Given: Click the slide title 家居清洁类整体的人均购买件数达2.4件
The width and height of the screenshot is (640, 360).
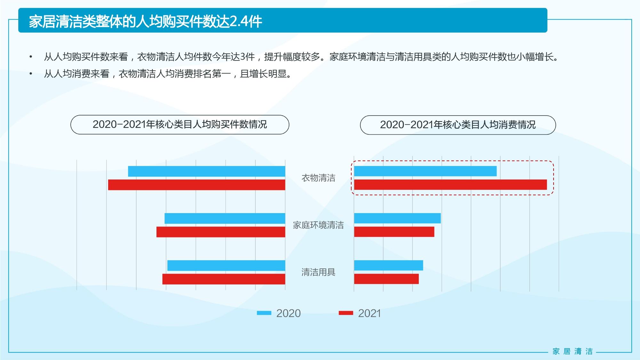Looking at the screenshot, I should click(x=146, y=21).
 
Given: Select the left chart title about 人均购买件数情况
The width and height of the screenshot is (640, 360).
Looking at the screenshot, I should click(x=180, y=124).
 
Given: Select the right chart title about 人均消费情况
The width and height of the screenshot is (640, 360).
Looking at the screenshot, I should click(x=458, y=125).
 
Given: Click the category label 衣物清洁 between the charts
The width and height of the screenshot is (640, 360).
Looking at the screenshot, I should click(x=318, y=178).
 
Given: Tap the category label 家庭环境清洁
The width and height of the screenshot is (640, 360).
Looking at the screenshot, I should click(x=318, y=225).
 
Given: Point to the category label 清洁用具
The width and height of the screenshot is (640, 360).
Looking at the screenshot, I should click(x=318, y=272).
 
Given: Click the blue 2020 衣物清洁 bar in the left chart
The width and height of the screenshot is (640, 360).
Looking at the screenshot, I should click(x=206, y=171).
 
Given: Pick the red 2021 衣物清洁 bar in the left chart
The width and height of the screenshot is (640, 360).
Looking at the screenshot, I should click(x=196, y=185).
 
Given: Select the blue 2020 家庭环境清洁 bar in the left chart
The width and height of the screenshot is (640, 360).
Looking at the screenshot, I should click(x=225, y=218).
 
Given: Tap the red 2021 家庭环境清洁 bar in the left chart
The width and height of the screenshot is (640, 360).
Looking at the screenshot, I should click(x=221, y=232).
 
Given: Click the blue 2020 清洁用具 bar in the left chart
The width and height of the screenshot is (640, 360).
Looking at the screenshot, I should click(x=226, y=266).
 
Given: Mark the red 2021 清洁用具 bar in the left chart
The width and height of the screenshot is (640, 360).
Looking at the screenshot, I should click(x=224, y=279).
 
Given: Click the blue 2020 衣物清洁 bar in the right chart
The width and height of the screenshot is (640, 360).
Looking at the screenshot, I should click(x=425, y=171).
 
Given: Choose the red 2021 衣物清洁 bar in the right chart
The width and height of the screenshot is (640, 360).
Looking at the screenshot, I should click(x=450, y=185).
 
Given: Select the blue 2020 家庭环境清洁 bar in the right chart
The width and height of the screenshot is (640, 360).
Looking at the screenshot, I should click(x=397, y=218).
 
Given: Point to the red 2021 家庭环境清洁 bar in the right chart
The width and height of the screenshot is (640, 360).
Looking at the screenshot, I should click(x=394, y=232).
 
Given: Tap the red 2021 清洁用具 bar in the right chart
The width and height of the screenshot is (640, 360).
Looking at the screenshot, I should click(x=386, y=279).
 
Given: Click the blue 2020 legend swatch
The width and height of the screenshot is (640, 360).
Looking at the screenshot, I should click(x=264, y=313).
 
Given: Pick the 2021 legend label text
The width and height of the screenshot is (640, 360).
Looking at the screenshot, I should click(x=370, y=313).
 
